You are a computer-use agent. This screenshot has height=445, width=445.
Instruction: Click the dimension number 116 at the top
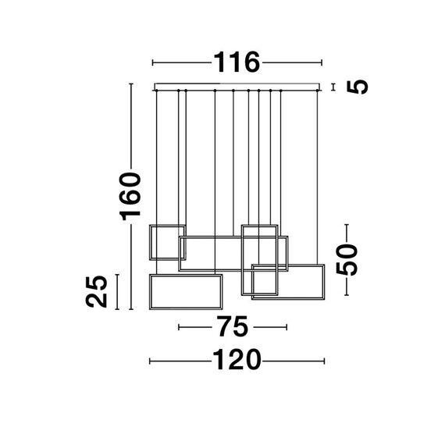[237, 62]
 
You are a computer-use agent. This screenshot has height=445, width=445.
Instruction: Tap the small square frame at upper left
[163, 241]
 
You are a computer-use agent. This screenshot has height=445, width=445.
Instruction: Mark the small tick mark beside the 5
[333, 87]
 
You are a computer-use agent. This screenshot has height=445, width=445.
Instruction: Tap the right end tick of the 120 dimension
[323, 360]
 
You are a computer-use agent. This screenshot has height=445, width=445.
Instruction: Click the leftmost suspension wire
[157, 156]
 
